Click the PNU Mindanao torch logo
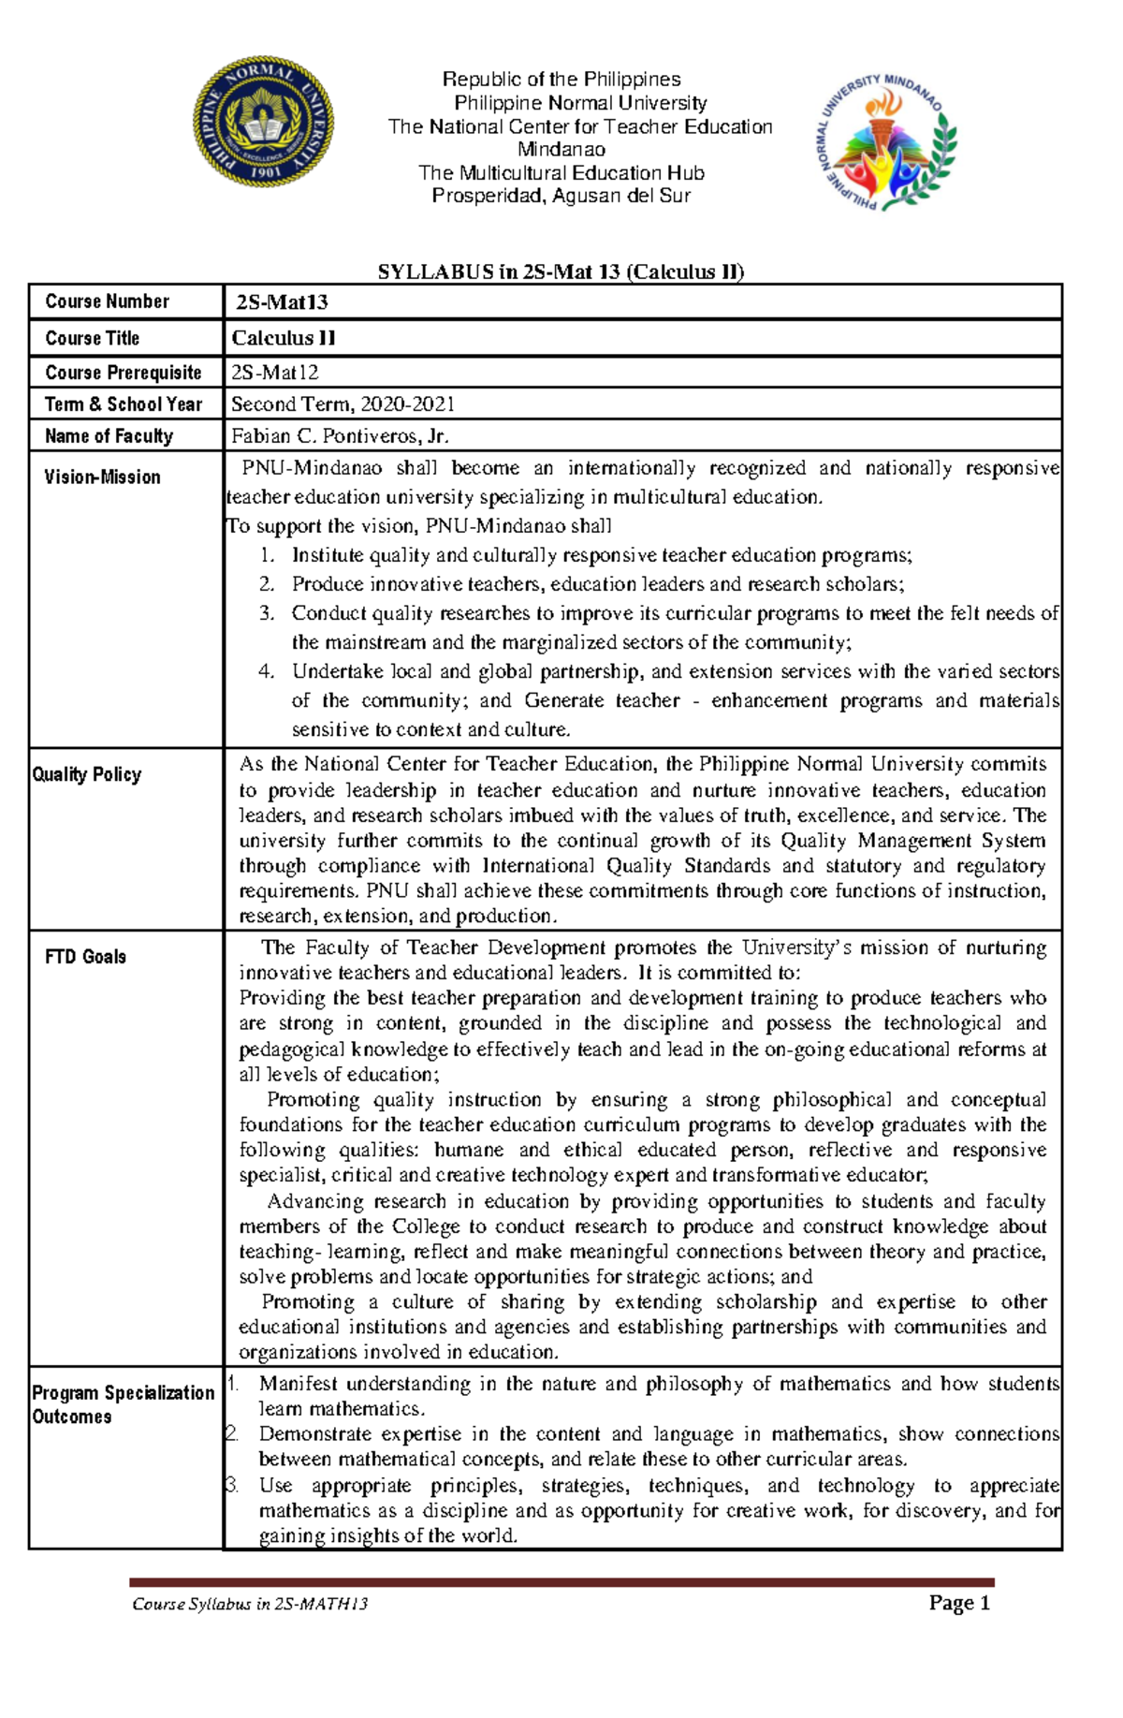[884, 142]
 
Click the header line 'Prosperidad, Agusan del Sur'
[561, 196]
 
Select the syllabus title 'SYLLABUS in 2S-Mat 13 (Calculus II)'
[561, 272]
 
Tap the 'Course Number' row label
[108, 301]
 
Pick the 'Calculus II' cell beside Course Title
[284, 338]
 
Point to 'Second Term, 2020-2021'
[343, 404]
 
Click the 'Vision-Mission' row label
[103, 477]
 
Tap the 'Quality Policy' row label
[87, 774]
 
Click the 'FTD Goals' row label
[86, 957]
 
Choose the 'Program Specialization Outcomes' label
[124, 1404]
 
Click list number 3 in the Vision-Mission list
[267, 613]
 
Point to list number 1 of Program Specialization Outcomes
[234, 1384]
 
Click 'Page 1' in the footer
[959, 1603]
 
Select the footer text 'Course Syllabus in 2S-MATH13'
[250, 1604]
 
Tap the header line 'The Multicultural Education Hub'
[561, 173]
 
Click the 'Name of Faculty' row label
[109, 436]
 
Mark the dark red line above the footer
[561, 1582]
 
